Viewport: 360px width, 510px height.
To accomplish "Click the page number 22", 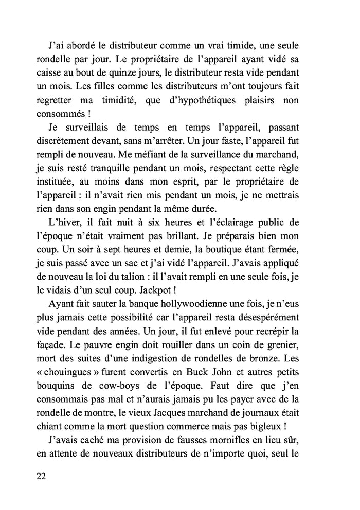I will click(42, 476).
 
